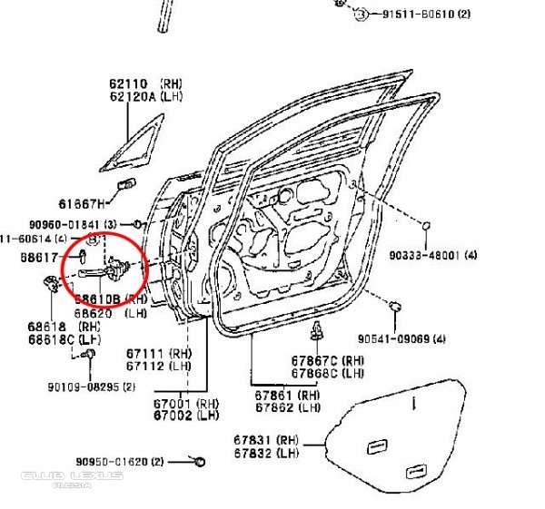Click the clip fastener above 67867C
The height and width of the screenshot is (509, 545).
click(x=319, y=329)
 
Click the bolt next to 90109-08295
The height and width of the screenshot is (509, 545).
click(x=90, y=355)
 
